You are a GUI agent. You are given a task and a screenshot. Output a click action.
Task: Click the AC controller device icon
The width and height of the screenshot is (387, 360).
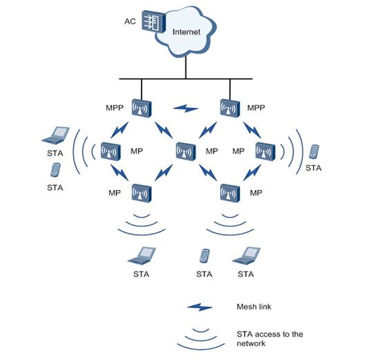tap(153, 21)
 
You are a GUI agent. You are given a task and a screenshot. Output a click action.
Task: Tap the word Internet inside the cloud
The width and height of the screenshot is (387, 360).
tap(186, 32)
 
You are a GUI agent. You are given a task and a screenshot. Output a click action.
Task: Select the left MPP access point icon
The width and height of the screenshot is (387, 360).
tap(142, 108)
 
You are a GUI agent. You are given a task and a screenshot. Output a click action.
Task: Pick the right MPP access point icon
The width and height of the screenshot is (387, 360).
tap(229, 108)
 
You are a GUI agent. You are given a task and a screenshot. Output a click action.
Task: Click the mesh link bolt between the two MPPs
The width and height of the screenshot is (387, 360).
tap(186, 108)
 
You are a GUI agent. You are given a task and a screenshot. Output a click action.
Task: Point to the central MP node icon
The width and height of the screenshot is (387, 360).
tap(186, 151)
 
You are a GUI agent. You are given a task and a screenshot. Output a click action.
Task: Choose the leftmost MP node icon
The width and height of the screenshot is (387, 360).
tap(111, 151)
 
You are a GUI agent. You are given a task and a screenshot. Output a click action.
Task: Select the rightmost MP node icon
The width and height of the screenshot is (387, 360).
tap(265, 151)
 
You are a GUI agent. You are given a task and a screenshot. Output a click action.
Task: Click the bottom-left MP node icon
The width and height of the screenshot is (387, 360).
tap(142, 193)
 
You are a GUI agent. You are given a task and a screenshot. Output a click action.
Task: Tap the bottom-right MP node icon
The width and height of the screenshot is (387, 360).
tap(229, 193)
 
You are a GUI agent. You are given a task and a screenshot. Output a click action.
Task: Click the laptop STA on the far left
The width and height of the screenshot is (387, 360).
tap(55, 135)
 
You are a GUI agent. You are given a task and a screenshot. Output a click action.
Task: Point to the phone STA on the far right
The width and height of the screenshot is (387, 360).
tap(314, 152)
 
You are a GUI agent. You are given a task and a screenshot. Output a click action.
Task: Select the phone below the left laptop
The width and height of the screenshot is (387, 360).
tap(55, 170)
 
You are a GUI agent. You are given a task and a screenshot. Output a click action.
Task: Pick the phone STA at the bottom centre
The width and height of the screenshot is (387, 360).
tap(205, 256)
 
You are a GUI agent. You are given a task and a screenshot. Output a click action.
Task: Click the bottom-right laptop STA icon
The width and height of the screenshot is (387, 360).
tap(246, 256)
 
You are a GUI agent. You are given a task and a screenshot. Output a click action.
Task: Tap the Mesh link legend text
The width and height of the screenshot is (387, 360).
tap(254, 307)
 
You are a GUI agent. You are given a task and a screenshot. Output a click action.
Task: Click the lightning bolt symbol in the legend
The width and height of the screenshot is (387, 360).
tap(200, 307)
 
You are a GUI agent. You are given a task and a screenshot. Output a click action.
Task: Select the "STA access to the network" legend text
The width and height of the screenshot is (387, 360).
tap(270, 339)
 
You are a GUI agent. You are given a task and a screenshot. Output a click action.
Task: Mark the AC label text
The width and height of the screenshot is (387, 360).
tap(130, 21)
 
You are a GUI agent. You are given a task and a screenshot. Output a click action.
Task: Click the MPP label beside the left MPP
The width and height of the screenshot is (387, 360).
tap(115, 108)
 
